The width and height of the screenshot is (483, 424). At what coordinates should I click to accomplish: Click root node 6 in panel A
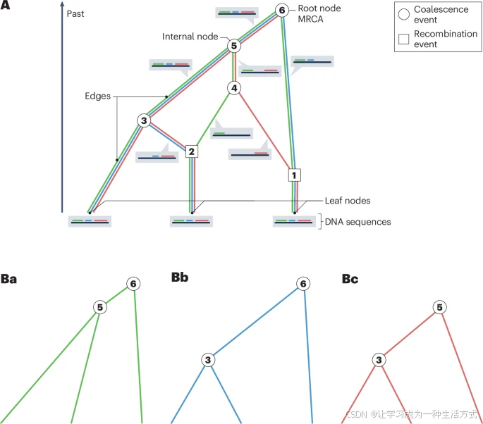[281, 11]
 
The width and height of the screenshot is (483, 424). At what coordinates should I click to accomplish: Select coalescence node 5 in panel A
[235, 46]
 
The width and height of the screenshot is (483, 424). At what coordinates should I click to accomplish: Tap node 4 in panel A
[234, 88]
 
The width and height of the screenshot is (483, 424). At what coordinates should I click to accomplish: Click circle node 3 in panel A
[144, 121]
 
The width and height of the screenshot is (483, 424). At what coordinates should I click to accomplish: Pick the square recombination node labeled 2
[191, 151]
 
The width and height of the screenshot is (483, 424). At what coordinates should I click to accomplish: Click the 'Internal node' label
[190, 37]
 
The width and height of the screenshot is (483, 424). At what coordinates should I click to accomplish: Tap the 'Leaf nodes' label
[348, 200]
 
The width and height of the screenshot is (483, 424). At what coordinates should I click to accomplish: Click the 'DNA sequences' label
[357, 221]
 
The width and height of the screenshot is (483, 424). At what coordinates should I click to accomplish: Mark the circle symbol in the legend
[404, 14]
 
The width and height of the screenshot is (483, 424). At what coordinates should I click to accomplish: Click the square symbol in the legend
[404, 39]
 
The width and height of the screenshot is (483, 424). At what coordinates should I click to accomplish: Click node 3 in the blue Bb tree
[209, 359]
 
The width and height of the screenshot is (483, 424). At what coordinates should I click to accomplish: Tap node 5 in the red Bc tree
[439, 308]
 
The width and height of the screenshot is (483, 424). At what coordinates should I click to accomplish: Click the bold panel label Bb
[180, 277]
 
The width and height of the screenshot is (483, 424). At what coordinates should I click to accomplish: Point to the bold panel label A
[6, 5]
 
